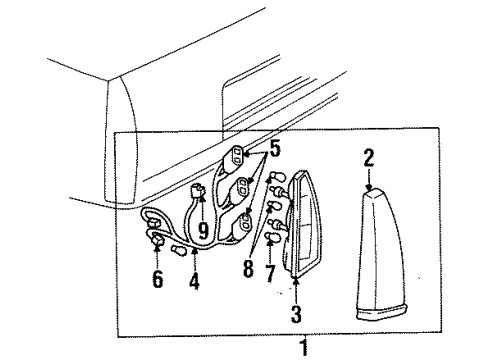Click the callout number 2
tap(368, 156)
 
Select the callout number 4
tap(194, 282)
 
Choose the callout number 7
tap(269, 273)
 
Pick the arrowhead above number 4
tap(194, 256)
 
